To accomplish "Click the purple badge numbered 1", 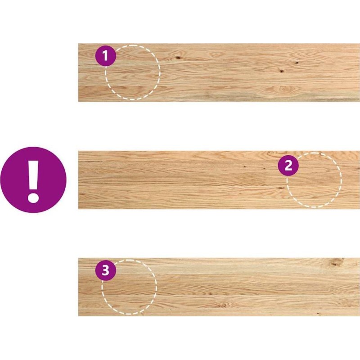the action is point(106,55).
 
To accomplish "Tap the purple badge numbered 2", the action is point(288,165).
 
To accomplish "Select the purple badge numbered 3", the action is point(106,270).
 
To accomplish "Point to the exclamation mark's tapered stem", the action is point(33,175).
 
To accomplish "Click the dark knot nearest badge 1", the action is point(177,58).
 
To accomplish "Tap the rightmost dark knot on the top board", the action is point(297,63).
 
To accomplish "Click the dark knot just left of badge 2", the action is point(264,169).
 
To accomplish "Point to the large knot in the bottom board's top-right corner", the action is point(336,262).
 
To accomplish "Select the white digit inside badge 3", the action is point(105,270).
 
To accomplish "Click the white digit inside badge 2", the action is point(288,166).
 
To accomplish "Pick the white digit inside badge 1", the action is point(105,56).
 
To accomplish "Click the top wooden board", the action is point(219,72).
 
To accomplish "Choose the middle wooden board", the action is point(219,180).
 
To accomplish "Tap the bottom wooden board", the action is point(219,287).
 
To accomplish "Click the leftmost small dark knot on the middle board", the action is point(244,166).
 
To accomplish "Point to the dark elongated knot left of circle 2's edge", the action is point(280,188).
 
